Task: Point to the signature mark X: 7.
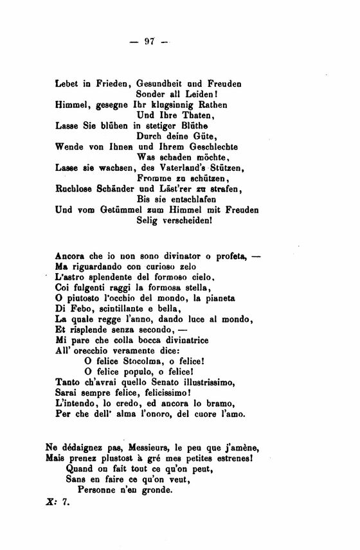(x=57, y=505)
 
